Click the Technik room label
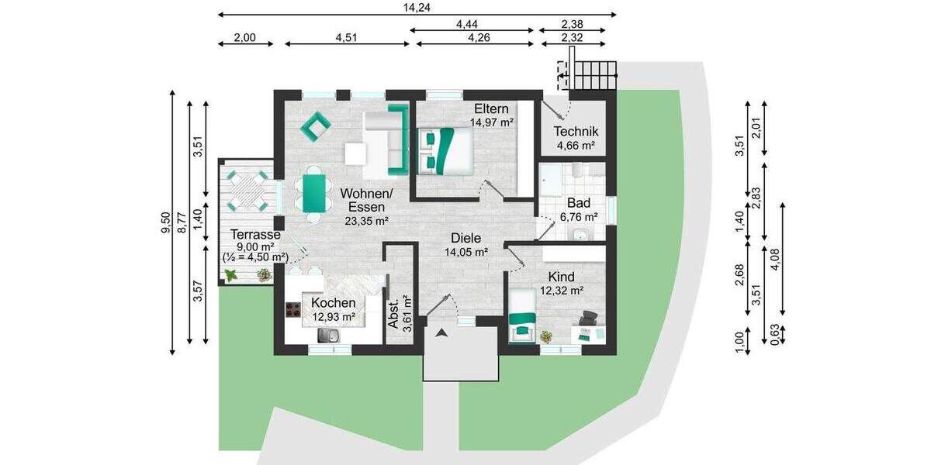576,132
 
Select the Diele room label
465,238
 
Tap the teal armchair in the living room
316,126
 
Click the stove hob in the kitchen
293,311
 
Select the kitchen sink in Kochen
328,335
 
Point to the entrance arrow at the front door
441,334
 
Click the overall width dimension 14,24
417,7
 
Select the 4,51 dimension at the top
346,36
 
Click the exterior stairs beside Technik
594,76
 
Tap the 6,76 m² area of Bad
579,216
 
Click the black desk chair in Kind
589,317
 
